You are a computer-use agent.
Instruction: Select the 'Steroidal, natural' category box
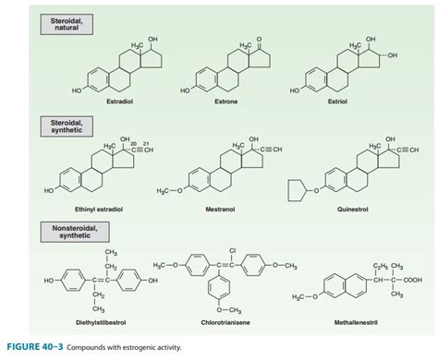(x=64, y=23)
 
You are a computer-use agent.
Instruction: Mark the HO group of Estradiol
(x=76, y=90)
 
